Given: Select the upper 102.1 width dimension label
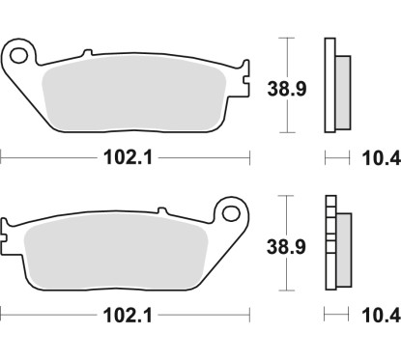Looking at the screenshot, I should [127, 154].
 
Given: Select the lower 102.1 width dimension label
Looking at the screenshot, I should [127, 313].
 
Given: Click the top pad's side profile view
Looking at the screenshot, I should [335, 85].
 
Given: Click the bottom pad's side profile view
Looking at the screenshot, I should [335, 242].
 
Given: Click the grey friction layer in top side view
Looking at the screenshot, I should [342, 87].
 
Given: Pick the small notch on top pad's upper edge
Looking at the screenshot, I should [87, 54].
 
